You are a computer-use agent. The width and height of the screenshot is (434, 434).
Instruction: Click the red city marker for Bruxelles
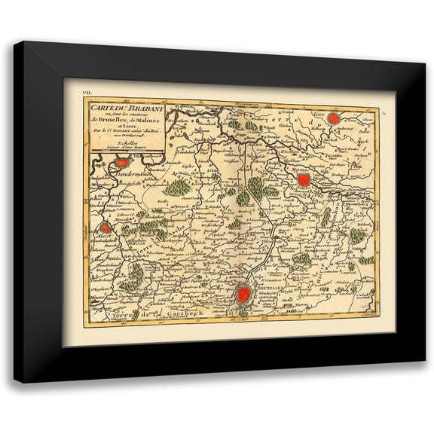pos(243,296)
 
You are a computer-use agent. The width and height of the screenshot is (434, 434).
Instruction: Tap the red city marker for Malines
pos(304,180)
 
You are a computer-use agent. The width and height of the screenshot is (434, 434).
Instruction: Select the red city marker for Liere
pos(346,118)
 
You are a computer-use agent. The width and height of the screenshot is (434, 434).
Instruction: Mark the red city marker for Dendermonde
pos(121,160)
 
